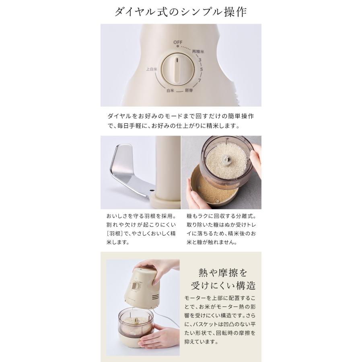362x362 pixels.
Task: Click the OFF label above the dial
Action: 178,42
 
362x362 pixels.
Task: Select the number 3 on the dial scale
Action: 199,60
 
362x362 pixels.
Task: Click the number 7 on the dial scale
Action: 199,80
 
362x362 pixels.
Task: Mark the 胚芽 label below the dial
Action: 189,91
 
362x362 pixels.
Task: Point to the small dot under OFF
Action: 177,47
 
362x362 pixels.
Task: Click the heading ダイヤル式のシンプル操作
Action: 181,12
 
